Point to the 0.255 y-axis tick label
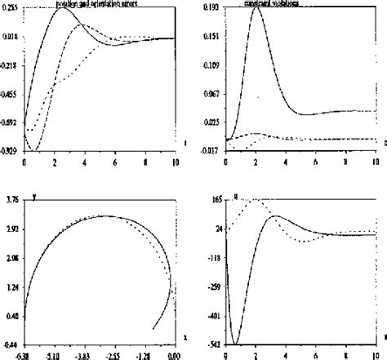[12, 7]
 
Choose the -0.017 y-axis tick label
[211, 150]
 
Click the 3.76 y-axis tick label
[13, 199]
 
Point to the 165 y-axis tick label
[217, 199]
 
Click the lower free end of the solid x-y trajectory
[153, 328]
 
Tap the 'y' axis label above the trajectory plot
[35, 197]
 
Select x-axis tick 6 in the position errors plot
[115, 162]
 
